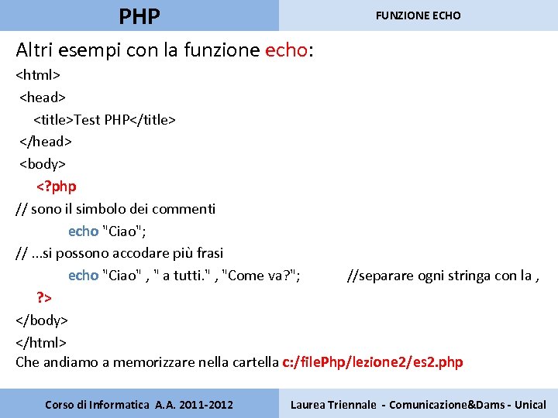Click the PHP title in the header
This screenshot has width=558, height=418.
[x=140, y=15]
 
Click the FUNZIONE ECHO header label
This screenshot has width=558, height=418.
[x=418, y=15]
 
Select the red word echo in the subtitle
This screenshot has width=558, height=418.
[x=286, y=51]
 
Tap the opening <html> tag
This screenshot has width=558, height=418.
[x=38, y=75]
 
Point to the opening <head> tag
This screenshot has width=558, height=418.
[x=43, y=98]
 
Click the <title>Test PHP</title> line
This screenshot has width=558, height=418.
[x=105, y=119]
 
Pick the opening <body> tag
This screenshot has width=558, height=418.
[x=43, y=164]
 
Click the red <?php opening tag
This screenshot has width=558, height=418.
[x=57, y=187]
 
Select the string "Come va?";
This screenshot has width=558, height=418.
[x=262, y=276]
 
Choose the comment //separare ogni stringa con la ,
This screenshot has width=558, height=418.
[x=443, y=276]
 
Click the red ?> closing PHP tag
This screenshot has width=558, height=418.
[x=44, y=297]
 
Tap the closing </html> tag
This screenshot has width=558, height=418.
[x=41, y=342]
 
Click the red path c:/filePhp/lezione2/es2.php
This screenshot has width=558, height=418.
[x=373, y=362]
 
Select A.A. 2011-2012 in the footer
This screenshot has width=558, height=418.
[x=195, y=404]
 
